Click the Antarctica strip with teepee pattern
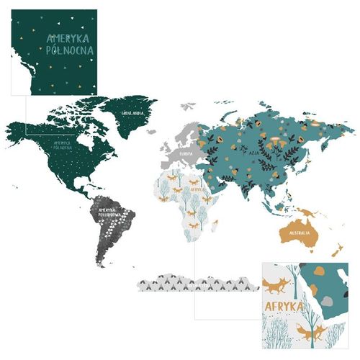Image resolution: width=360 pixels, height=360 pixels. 198,284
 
